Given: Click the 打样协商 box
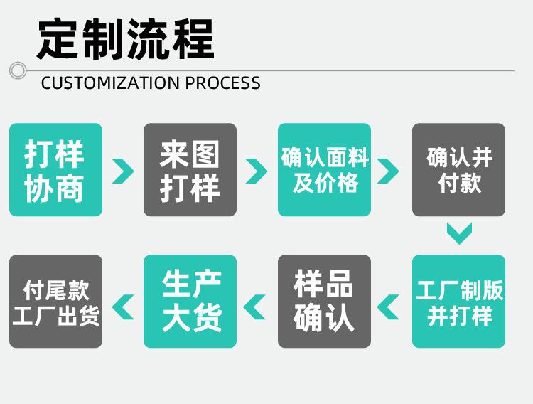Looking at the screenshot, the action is point(55,170).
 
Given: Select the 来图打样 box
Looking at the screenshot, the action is point(190,170).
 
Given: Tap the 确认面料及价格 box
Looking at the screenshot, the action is point(324,170).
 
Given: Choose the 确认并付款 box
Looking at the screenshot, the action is point(458,170).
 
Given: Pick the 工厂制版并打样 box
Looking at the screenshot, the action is point(458,301).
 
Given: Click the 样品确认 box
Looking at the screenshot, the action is point(324,301).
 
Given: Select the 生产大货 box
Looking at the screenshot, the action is point(190,301).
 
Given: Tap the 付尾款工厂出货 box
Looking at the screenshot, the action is point(55,301).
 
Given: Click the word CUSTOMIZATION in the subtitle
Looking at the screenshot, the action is point(110,83).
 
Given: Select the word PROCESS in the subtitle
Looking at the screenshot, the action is point(223,83).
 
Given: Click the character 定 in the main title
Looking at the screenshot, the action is point(58,39).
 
